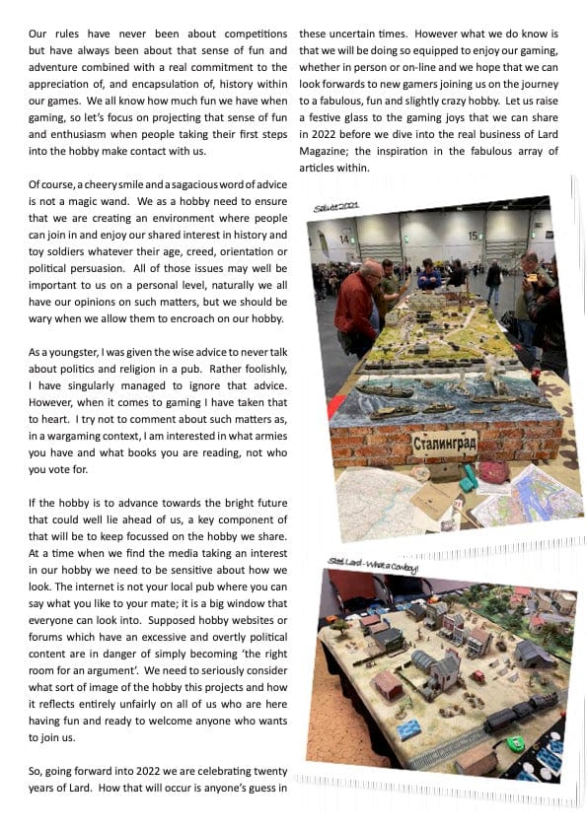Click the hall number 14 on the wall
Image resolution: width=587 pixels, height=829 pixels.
point(346,239)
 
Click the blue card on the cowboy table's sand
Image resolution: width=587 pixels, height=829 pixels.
point(406,729)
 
